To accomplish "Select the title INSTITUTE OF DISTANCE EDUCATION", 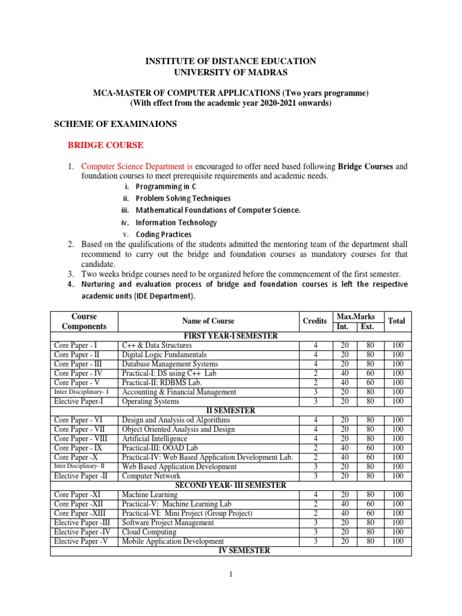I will (231, 61).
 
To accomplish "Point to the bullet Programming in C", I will (162, 186).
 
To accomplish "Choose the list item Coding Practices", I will (164, 234).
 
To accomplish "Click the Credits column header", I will (315, 321).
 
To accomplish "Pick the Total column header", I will (396, 321).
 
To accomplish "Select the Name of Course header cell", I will (208, 321).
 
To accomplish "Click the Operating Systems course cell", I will (150, 401).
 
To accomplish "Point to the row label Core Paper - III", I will (76, 364).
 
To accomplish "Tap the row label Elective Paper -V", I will (79, 541).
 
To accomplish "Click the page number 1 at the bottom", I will (230, 574).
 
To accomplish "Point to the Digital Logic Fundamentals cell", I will (164, 354).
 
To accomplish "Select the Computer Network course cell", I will (151, 475).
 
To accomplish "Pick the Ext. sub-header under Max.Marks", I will (366, 327).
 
